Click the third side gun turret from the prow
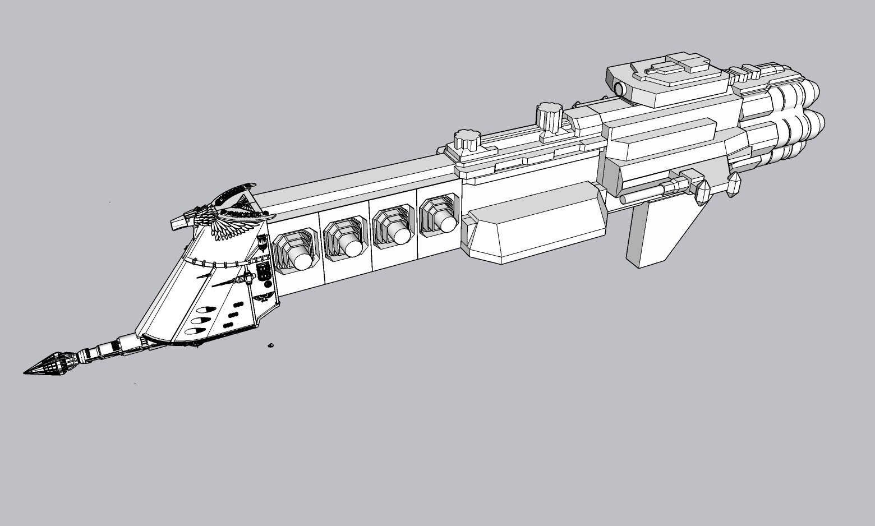(x=395, y=230)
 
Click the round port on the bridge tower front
(x=619, y=89)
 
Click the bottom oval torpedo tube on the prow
(x=194, y=331)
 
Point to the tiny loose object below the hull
(x=270, y=345)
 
